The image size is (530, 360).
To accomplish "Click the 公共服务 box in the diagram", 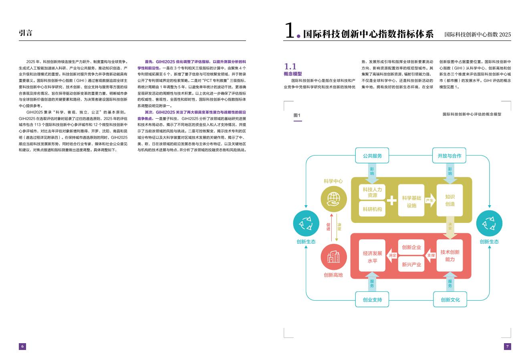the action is pyautogui.click(x=372, y=156).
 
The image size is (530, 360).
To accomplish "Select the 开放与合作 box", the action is pyautogui.click(x=449, y=156).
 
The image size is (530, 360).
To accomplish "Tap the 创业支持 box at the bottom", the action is pyautogui.click(x=372, y=299).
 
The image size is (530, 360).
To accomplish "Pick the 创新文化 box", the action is pyautogui.click(x=450, y=299).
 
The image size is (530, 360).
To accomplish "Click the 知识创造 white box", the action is pyautogui.click(x=450, y=200).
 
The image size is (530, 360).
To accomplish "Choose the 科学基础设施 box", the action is pyautogui.click(x=411, y=201).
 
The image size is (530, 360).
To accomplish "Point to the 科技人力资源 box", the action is pyautogui.click(x=372, y=192).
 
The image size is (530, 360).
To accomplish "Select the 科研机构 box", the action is pyautogui.click(x=372, y=209).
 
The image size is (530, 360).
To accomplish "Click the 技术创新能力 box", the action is pyautogui.click(x=449, y=255).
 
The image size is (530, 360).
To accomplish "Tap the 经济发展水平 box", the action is pyautogui.click(x=372, y=256).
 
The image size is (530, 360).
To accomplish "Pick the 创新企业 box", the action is pyautogui.click(x=411, y=247).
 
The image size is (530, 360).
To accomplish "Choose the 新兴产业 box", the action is pyautogui.click(x=411, y=264).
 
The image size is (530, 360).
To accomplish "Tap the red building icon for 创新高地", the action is pyautogui.click(x=333, y=257).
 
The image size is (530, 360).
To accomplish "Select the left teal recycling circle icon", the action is pyautogui.click(x=306, y=223).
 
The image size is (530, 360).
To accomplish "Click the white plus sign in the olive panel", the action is pyautogui.click(x=391, y=200).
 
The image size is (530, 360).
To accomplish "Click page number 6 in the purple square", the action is pyautogui.click(x=22, y=346).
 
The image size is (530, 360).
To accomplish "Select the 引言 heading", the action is pyautogui.click(x=26, y=33).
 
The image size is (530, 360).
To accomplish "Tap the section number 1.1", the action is pyautogui.click(x=290, y=66).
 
